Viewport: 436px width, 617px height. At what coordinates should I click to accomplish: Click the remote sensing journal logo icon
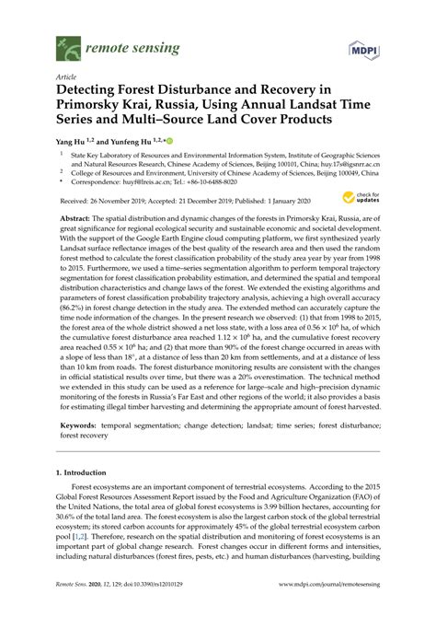(66, 43)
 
